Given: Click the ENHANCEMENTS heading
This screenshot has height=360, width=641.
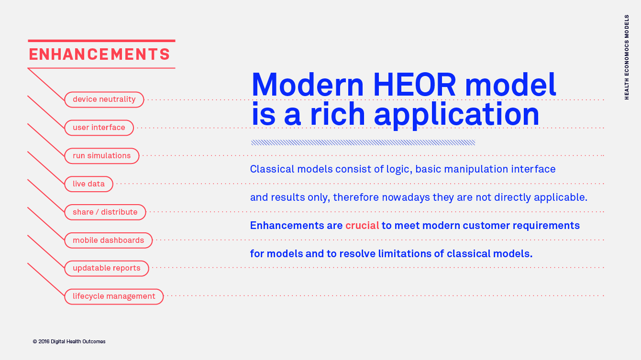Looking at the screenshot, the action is (99, 55).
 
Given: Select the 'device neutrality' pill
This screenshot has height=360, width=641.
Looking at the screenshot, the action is (104, 99).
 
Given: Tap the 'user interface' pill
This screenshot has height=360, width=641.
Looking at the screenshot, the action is (99, 128).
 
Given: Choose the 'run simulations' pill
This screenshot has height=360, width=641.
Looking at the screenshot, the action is (102, 156).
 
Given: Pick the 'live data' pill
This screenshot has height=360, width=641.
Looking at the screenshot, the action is (88, 184).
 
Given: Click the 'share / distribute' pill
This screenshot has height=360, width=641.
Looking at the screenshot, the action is (105, 212).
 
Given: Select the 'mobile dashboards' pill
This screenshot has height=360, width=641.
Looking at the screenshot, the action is (109, 240).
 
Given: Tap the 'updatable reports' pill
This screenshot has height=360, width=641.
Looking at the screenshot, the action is (107, 268).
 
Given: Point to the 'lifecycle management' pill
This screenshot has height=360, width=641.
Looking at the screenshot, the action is (114, 296).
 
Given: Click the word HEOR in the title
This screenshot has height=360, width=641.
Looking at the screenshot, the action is (414, 85).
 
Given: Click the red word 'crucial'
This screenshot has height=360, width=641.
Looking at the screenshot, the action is (362, 226).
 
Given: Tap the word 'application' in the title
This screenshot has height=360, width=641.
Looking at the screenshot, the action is (456, 114).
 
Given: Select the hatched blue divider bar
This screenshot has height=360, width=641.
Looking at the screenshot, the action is (363, 142).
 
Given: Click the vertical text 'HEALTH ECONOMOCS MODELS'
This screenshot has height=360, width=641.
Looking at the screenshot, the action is (627, 57).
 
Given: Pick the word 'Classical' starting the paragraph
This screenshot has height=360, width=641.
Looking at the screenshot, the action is (272, 169).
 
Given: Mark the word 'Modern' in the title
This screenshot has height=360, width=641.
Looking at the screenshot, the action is (307, 85).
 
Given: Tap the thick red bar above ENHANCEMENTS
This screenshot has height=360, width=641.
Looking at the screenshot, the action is (101, 41).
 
